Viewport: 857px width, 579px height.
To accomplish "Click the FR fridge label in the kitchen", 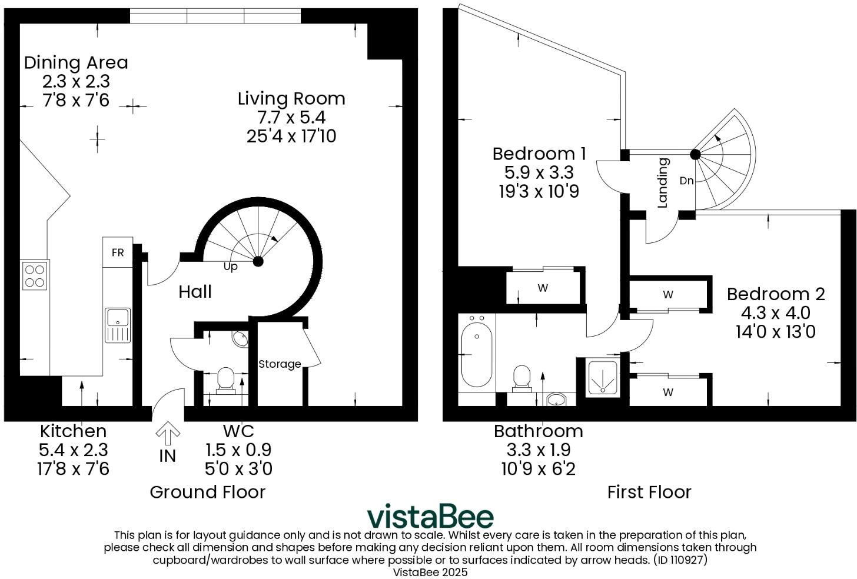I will click(x=118, y=252).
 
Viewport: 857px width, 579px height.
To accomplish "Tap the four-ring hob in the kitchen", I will click(x=35, y=276).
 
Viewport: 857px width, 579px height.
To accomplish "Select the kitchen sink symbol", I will click(x=118, y=325).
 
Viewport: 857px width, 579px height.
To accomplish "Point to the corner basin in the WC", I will click(x=240, y=340).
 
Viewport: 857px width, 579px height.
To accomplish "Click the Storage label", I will click(x=280, y=364).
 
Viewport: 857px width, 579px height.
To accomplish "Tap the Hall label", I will click(x=195, y=292).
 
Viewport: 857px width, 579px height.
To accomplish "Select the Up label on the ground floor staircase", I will click(x=230, y=267).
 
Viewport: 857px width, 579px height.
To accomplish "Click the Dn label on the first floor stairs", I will click(x=686, y=181).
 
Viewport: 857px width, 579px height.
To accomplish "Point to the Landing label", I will click(x=663, y=183).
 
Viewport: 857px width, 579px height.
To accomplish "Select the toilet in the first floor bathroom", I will click(x=521, y=378).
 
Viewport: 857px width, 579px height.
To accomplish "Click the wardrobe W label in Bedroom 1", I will click(x=543, y=288).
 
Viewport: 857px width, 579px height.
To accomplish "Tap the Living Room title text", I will click(x=291, y=99).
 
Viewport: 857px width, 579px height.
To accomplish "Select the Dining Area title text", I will click(x=76, y=62).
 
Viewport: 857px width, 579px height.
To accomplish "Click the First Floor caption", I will click(x=649, y=492).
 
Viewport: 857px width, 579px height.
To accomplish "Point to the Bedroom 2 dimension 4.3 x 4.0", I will click(x=775, y=312).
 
